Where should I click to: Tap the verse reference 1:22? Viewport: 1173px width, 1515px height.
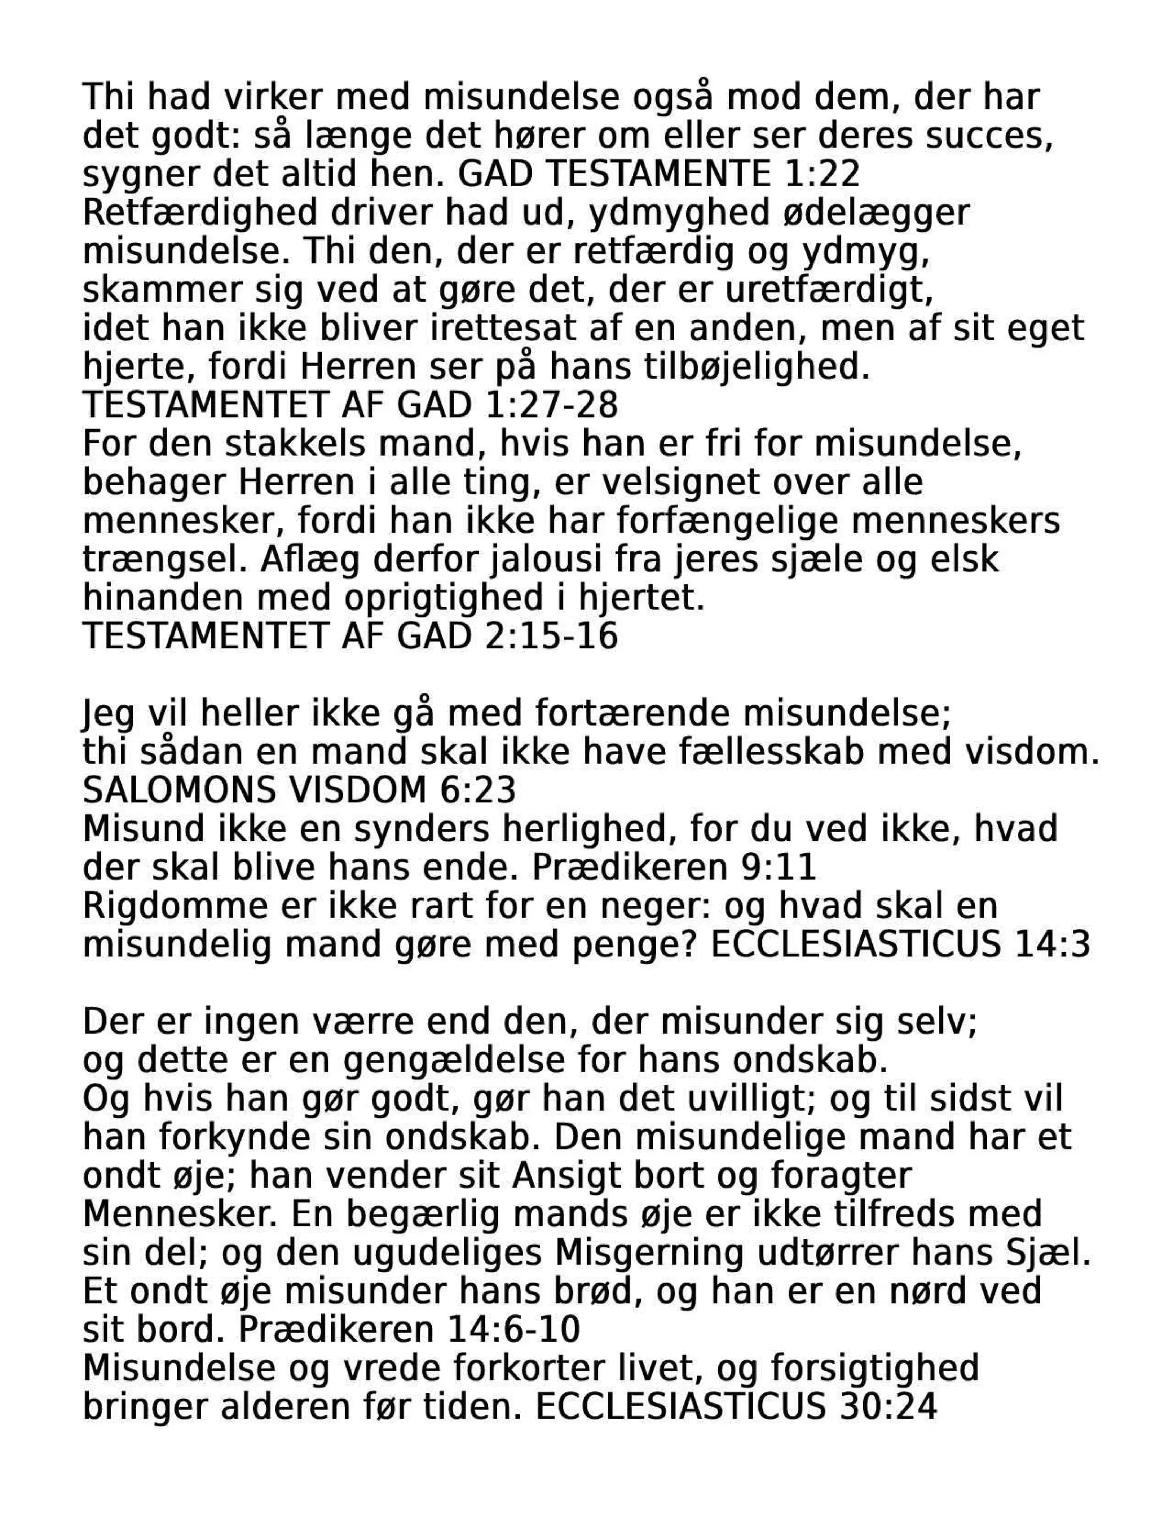tap(824, 174)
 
